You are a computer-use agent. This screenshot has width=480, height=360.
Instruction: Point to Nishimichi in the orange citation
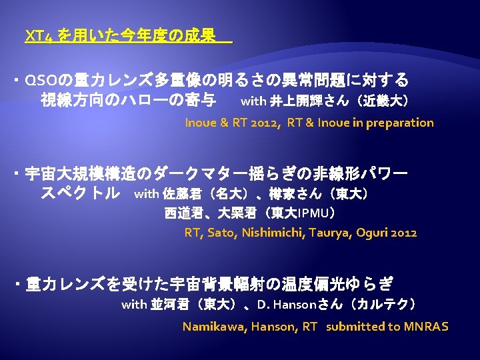click(273, 233)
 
